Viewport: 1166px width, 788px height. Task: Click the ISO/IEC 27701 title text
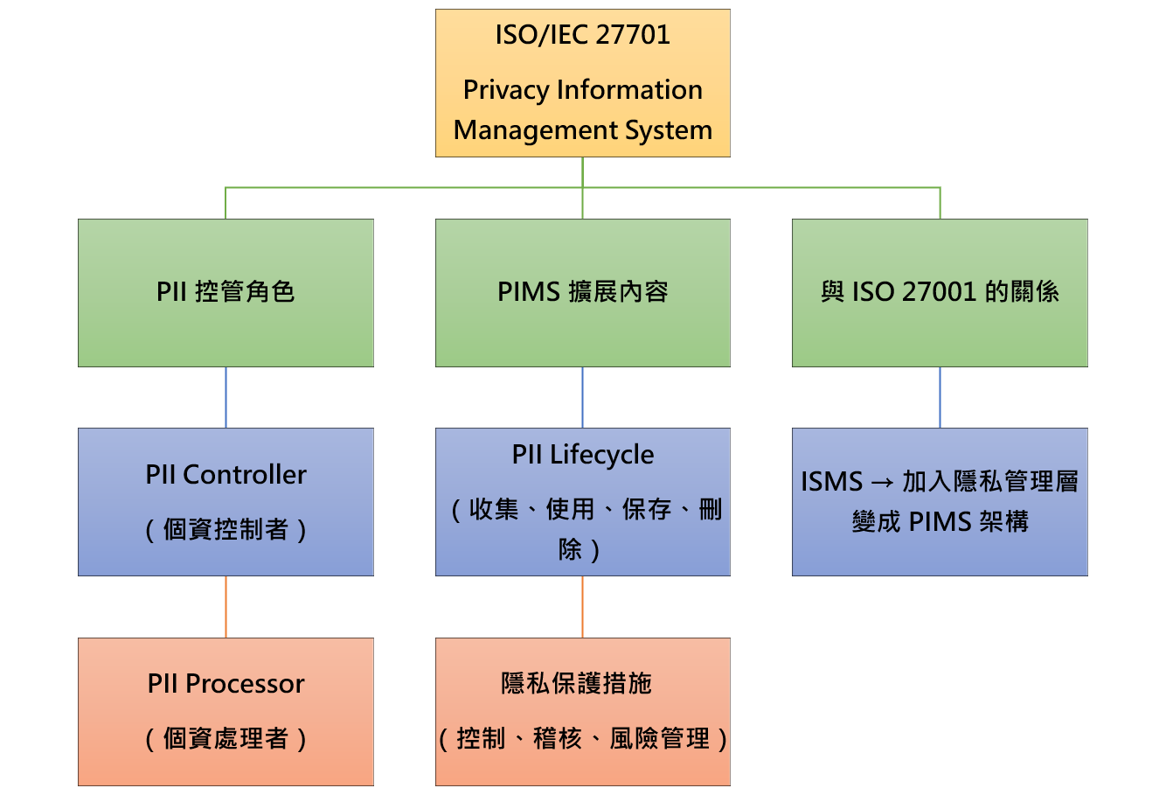(582, 35)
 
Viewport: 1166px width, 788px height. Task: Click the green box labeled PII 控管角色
(226, 292)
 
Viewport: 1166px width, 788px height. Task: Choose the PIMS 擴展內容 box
(582, 292)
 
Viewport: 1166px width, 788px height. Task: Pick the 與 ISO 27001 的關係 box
(940, 292)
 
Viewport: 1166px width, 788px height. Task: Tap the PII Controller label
(226, 475)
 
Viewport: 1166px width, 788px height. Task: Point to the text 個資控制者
(226, 529)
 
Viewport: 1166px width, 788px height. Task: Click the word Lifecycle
(601, 455)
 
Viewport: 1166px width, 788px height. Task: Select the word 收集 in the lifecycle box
(494, 510)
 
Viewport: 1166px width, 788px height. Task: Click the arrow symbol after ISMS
(882, 482)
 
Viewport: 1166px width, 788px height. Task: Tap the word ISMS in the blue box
(831, 482)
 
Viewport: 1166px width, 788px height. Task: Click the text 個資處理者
(226, 739)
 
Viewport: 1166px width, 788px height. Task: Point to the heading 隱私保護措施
(576, 684)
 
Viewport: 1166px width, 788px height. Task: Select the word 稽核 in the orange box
(557, 739)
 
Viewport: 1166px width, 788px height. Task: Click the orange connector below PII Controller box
(226, 606)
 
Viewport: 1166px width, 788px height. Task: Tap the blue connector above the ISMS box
(940, 397)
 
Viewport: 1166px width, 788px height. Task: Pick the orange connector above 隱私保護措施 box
(582, 606)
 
